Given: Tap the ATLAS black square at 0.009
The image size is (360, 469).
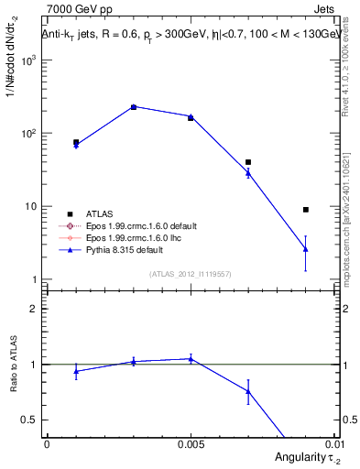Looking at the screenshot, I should (x=306, y=210).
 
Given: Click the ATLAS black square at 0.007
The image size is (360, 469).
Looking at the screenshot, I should (x=248, y=162).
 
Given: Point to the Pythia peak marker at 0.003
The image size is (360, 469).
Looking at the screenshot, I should (x=133, y=107).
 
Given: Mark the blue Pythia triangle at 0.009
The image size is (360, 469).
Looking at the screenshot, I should (x=306, y=248).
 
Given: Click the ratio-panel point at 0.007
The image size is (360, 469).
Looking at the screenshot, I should (x=248, y=391).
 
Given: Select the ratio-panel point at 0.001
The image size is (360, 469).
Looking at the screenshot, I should (x=76, y=371).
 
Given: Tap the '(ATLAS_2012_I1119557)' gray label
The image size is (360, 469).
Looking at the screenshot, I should (x=191, y=274).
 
